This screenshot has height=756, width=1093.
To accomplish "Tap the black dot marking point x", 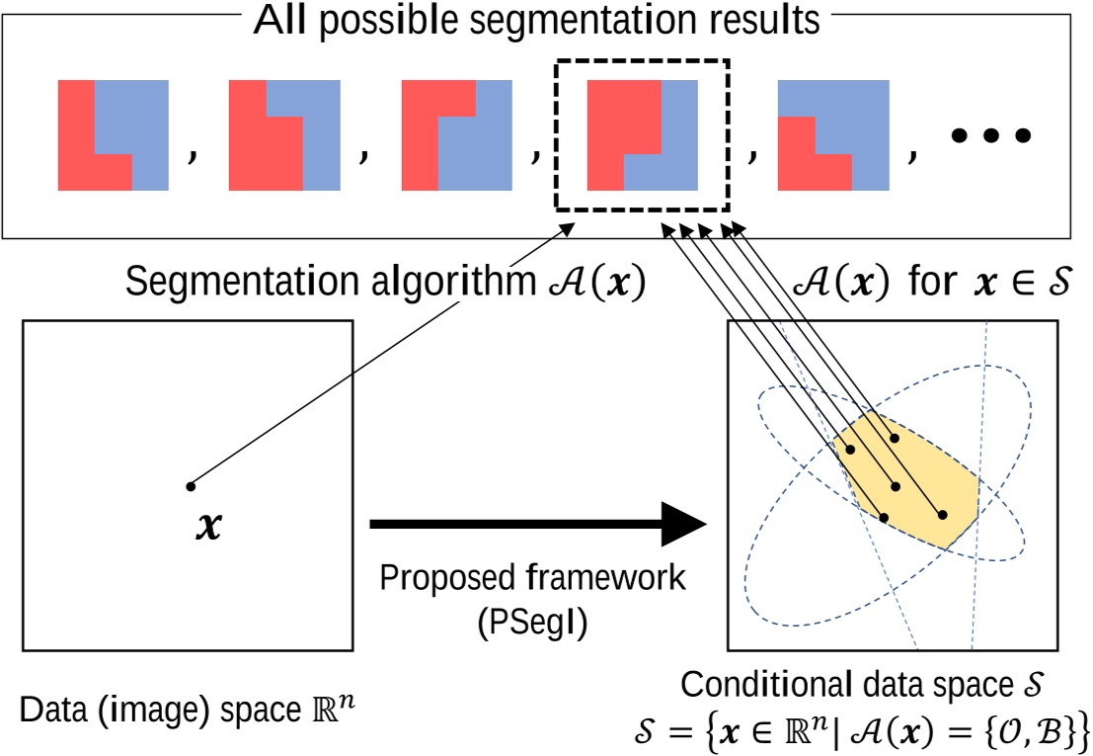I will click(x=191, y=485).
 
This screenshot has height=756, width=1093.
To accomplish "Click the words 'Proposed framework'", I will click(x=532, y=577).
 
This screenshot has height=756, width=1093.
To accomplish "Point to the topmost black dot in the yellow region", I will click(x=895, y=438).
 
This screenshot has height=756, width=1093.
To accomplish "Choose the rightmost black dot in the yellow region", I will click(x=942, y=515).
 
